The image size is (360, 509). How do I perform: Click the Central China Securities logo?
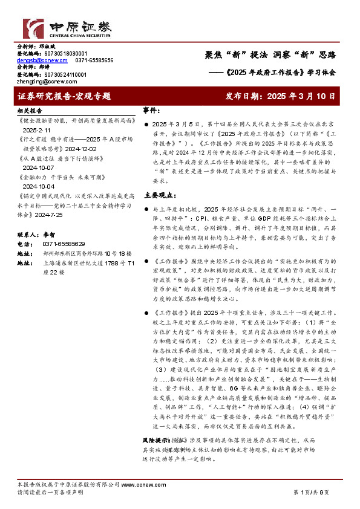point(67,28)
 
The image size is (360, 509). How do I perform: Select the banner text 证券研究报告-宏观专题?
point(64,96)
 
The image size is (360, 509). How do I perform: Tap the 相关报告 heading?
point(30,111)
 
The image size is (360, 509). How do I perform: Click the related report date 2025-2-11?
point(36,130)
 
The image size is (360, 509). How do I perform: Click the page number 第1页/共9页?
point(312,492)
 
